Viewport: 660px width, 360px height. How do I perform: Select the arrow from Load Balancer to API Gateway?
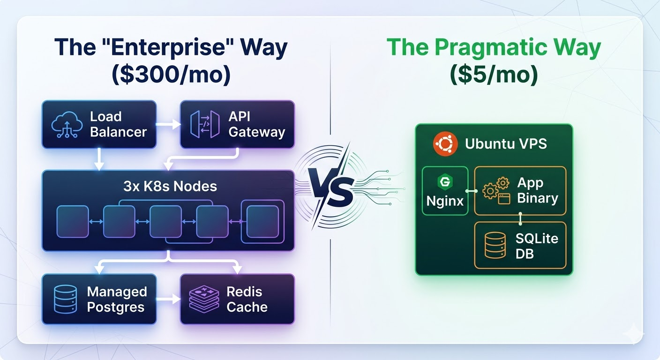168,125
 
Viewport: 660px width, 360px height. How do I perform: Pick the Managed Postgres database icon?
65,300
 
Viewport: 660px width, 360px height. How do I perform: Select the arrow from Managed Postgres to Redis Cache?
168,299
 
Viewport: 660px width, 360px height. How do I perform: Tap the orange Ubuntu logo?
445,143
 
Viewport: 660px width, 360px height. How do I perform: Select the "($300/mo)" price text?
171,75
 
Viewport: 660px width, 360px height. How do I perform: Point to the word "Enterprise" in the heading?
173,48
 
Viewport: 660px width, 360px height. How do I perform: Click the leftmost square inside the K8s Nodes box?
73,221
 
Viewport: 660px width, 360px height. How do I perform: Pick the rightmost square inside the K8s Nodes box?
262,221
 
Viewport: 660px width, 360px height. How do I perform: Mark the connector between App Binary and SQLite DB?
520,218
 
